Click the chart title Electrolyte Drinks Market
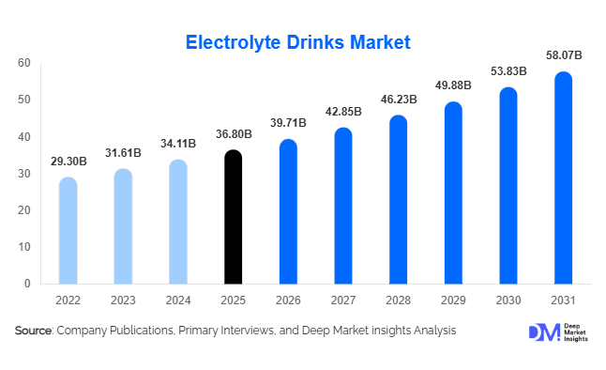[x=297, y=42]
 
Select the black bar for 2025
[x=233, y=217]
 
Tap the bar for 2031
[x=563, y=177]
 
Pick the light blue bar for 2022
[x=68, y=230]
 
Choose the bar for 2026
[x=288, y=211]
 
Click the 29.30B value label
[x=68, y=162]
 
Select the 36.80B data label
[x=233, y=134]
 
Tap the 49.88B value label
[x=453, y=86]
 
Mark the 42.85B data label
[x=343, y=112]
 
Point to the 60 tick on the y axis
[x=24, y=63]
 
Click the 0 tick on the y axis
[x=28, y=284]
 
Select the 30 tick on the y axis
[x=24, y=174]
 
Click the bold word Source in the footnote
[x=33, y=331]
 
